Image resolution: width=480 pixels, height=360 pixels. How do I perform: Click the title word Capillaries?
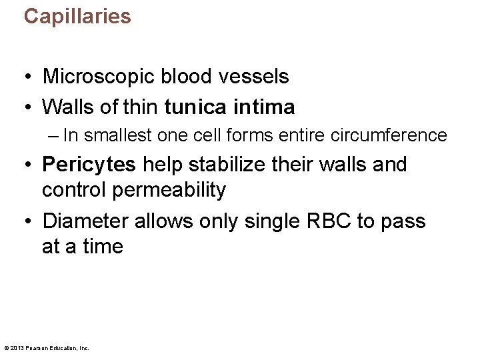coord(77,17)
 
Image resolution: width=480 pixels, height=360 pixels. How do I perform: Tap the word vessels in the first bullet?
coord(253,77)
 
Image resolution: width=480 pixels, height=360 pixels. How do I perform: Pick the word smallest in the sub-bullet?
coord(117,135)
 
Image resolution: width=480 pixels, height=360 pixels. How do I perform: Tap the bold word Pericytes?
coord(89,165)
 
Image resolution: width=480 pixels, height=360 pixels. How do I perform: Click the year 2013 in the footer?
coord(17,347)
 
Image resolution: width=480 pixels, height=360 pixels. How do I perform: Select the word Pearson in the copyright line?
coord(36,347)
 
